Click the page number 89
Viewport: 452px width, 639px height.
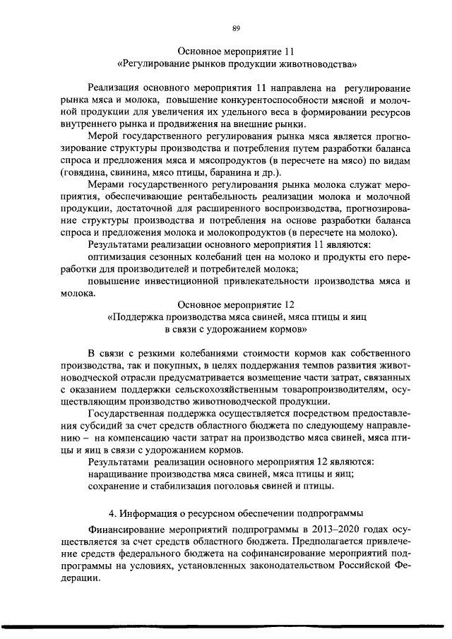[236, 28]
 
